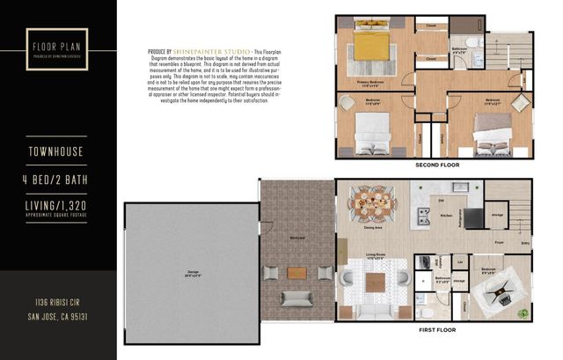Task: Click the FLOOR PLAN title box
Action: [x=57, y=48]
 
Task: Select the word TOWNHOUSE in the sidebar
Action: [x=57, y=151]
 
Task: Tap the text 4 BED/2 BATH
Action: [x=57, y=182]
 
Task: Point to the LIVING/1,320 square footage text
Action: [x=57, y=209]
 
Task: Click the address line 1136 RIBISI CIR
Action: [x=58, y=302]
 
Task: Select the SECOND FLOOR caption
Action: [x=435, y=165]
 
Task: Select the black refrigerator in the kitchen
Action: [x=474, y=218]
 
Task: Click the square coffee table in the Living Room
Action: [x=376, y=283]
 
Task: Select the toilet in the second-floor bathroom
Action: [x=472, y=41]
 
